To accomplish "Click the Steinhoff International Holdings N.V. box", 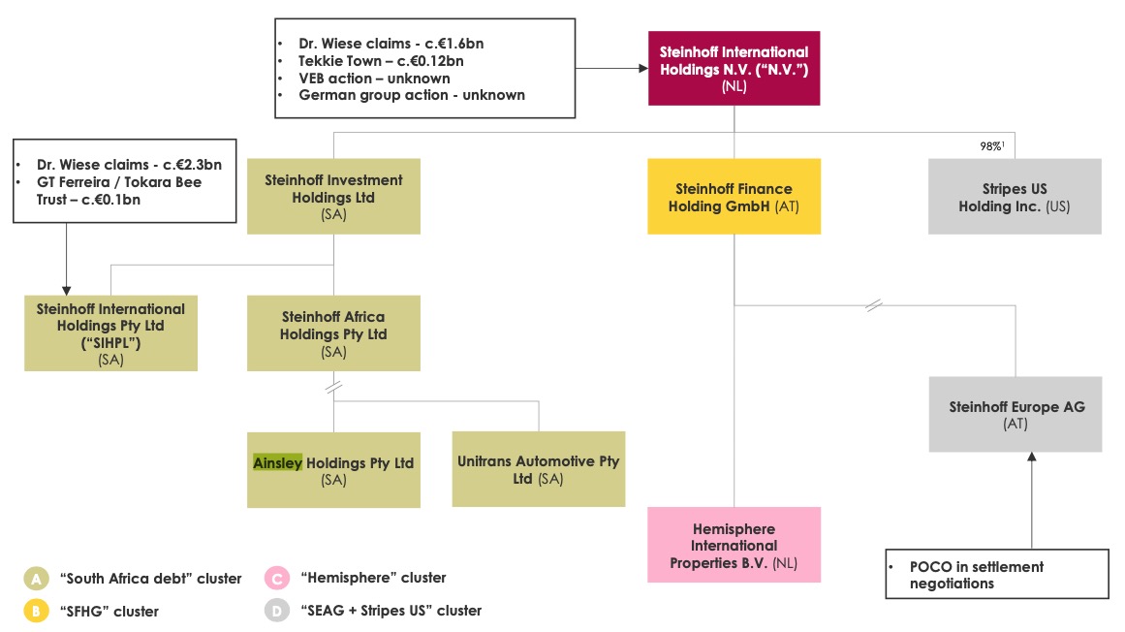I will tap(734, 68).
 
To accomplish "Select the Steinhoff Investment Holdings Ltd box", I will tap(333, 196).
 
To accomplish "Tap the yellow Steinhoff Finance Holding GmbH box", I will tap(734, 196).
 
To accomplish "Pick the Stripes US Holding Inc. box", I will tap(1015, 197).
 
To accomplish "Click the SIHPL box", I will tap(110, 333).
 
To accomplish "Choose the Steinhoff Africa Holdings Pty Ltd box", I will tap(333, 333).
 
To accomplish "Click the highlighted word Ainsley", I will tap(277, 462).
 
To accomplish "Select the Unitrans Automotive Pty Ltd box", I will tap(538, 469).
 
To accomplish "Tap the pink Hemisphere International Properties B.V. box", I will tap(734, 544).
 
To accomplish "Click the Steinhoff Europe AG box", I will tap(1015, 415).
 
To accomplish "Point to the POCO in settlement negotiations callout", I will tap(997, 574).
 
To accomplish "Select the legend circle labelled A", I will tap(36, 579).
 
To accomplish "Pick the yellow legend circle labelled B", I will tap(36, 611).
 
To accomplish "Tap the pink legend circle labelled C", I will tap(277, 579).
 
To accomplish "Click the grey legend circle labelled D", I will tap(277, 611).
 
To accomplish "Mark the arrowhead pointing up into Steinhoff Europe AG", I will tap(1031, 458).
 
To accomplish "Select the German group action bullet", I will tap(412, 95).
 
